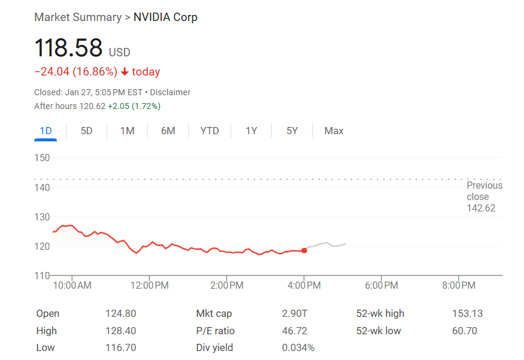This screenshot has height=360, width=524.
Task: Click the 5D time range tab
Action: pyautogui.click(x=87, y=131)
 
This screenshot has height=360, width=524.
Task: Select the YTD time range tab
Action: pyautogui.click(x=210, y=131)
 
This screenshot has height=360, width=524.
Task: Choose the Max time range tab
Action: pyautogui.click(x=334, y=131)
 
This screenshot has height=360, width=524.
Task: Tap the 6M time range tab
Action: pyautogui.click(x=168, y=131)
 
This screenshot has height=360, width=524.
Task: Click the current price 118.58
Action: pyautogui.click(x=68, y=49)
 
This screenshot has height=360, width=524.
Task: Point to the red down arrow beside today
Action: pyautogui.click(x=125, y=72)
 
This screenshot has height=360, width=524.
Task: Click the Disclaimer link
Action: pyautogui.click(x=170, y=92)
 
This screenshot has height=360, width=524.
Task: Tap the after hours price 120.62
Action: pyautogui.click(x=92, y=106)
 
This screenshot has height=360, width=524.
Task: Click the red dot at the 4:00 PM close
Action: pyautogui.click(x=304, y=250)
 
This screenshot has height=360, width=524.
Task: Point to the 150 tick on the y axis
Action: pyautogui.click(x=42, y=158)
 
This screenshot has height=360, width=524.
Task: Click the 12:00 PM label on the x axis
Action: pyautogui.click(x=149, y=286)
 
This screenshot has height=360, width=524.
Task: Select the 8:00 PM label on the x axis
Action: pyautogui.click(x=459, y=286)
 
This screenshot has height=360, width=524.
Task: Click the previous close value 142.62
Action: pyautogui.click(x=481, y=208)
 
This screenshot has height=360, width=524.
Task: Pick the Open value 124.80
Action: pyautogui.click(x=121, y=313)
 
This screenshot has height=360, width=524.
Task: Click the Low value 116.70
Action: pyautogui.click(x=121, y=347)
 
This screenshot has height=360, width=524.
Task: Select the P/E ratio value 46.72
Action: pyautogui.click(x=295, y=331)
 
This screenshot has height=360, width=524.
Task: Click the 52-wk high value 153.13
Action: pyautogui.click(x=467, y=313)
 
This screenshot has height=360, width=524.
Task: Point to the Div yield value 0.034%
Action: pyautogui.click(x=298, y=347)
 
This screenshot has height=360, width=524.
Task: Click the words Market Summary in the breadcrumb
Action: pyautogui.click(x=78, y=17)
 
